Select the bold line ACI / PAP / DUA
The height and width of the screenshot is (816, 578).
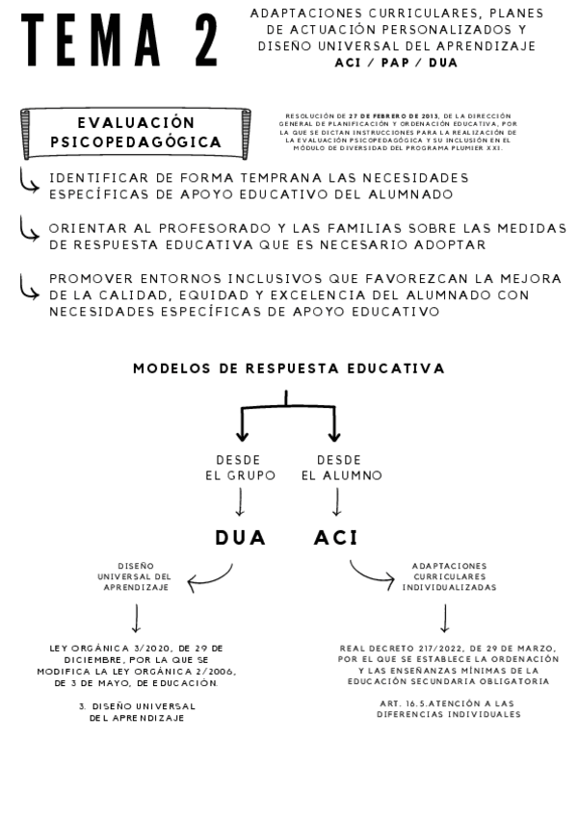pos(396,63)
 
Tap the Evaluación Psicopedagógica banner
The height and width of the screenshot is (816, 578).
pos(136,133)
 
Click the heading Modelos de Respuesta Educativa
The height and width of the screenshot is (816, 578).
pos(288,369)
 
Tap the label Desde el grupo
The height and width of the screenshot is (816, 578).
pos(240,468)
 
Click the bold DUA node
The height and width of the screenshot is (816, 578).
pos(240,538)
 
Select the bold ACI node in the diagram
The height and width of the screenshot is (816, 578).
pos(335,538)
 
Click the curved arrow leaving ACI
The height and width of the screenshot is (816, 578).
pos(370,574)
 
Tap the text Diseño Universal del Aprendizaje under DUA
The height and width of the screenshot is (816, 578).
pos(136,576)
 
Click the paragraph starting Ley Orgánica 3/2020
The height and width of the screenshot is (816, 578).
pos(136,665)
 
